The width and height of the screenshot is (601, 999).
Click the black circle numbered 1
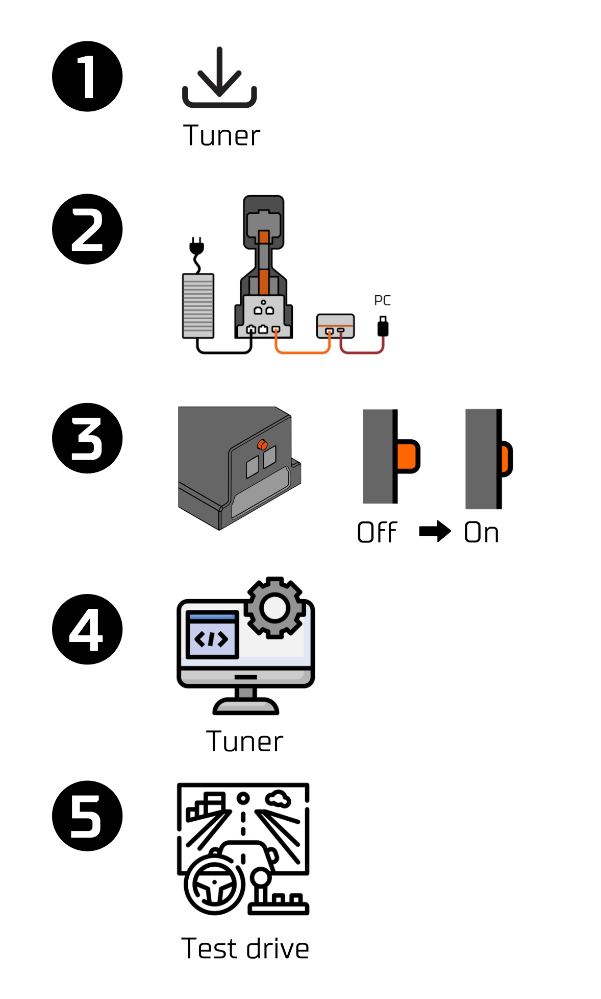point(87,77)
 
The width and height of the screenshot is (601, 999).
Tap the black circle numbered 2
point(87,229)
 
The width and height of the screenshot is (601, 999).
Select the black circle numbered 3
point(87,438)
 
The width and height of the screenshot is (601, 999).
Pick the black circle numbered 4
point(87,629)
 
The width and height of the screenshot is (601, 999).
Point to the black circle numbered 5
point(87,816)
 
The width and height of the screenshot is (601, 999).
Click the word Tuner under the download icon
point(221,136)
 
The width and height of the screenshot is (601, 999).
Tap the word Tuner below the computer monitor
point(244,742)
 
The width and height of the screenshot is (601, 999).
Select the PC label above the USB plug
point(382,300)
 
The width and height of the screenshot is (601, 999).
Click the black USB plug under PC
point(383,326)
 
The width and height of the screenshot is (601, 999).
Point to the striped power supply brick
point(198,305)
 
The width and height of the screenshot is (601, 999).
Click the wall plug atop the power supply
point(196,246)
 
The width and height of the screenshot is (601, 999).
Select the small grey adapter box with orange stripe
point(335,326)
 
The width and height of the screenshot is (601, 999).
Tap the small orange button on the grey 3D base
point(262,445)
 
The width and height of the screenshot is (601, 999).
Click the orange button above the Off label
point(408,456)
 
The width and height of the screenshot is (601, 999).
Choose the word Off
point(377,533)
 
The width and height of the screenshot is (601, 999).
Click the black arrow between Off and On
point(435,532)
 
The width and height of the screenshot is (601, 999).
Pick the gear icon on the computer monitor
point(274,608)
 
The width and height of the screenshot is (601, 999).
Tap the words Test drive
point(245,949)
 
